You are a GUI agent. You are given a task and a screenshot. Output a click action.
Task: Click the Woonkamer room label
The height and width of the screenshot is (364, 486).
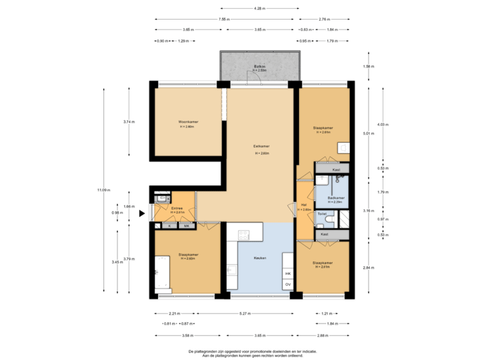click(x=187, y=122)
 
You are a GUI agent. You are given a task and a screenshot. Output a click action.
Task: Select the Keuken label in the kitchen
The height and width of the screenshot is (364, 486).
click(x=260, y=258)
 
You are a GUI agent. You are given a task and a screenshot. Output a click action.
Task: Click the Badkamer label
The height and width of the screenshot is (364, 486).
click(x=335, y=199)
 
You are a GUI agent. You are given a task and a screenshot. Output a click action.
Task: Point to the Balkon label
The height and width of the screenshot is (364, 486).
click(x=260, y=67)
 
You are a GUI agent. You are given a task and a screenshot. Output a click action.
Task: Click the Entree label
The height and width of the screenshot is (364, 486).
click(x=178, y=209)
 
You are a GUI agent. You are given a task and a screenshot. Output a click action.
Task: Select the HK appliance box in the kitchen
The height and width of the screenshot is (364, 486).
click(x=288, y=274)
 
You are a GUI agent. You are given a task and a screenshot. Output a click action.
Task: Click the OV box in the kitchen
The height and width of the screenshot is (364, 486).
click(x=288, y=285)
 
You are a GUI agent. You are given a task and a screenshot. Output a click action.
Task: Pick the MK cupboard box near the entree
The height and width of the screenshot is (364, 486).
click(x=187, y=225)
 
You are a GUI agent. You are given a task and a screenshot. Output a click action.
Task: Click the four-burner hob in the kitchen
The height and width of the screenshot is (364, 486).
click(x=244, y=235)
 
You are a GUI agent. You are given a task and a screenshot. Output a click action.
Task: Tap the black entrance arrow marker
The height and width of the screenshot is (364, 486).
click(x=142, y=214)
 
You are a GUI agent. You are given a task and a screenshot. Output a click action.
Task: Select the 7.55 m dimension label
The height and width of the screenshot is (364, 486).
click(x=223, y=20)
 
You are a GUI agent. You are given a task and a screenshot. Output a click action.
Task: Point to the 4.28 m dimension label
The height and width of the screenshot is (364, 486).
click(x=259, y=9)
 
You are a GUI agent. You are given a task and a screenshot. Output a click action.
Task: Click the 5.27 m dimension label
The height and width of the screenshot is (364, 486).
click(x=246, y=313)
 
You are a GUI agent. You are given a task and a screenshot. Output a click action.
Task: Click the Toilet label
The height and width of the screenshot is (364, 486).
click(x=322, y=213)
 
